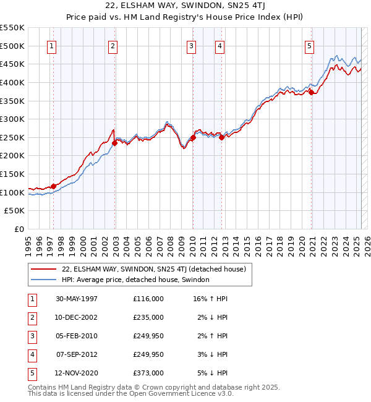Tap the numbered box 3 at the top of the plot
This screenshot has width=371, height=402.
point(192,45)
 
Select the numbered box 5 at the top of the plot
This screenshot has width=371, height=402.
point(309,45)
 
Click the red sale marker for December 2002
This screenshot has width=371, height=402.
point(115,143)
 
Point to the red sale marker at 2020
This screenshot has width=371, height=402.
point(312,93)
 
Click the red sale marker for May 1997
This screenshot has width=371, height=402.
point(54,186)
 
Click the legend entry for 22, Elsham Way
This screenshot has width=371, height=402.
point(154,269)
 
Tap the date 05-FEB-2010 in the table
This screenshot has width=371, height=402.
point(77,336)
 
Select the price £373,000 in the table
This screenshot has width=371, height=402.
point(148,373)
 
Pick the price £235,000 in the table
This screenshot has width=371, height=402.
point(148,317)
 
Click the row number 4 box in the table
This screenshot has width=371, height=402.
point(31,354)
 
